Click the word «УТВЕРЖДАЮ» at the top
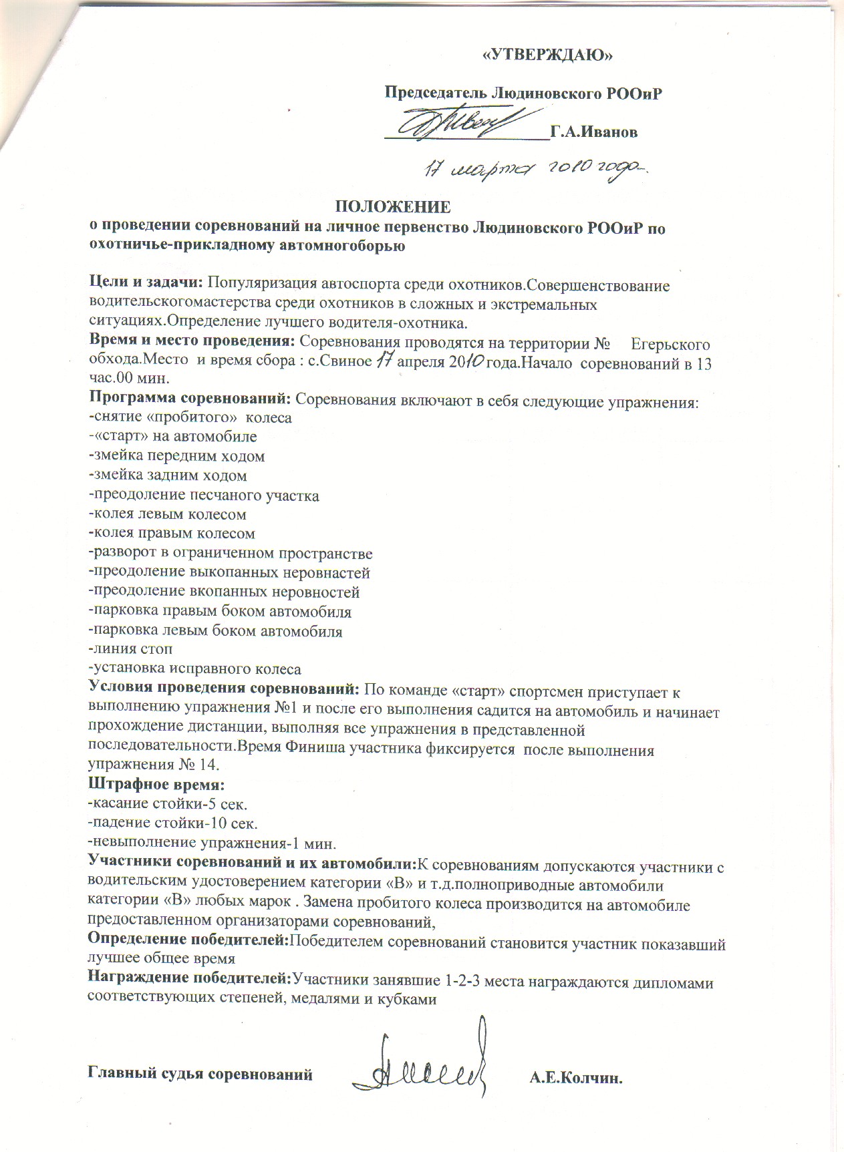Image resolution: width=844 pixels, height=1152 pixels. click(547, 55)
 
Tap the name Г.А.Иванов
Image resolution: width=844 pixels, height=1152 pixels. click(593, 132)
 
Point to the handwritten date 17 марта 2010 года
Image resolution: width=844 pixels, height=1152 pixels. click(535, 168)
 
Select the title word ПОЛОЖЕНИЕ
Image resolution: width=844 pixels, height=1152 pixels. click(392, 206)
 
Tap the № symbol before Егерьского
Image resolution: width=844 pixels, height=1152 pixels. click(601, 345)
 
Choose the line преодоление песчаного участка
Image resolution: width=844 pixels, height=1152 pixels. click(204, 496)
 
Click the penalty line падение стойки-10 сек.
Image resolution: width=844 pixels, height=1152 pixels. click(173, 823)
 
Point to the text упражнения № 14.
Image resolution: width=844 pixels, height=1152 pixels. click(153, 765)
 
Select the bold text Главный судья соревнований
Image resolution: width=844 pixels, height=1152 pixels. click(200, 1075)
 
